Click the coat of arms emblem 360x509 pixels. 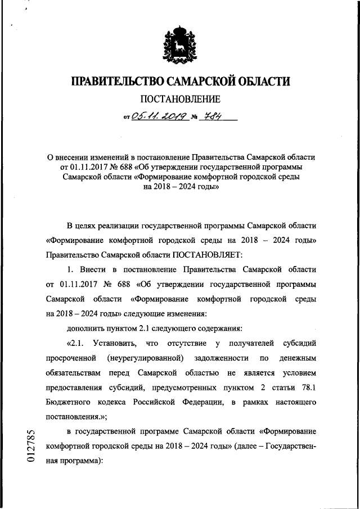180,44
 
